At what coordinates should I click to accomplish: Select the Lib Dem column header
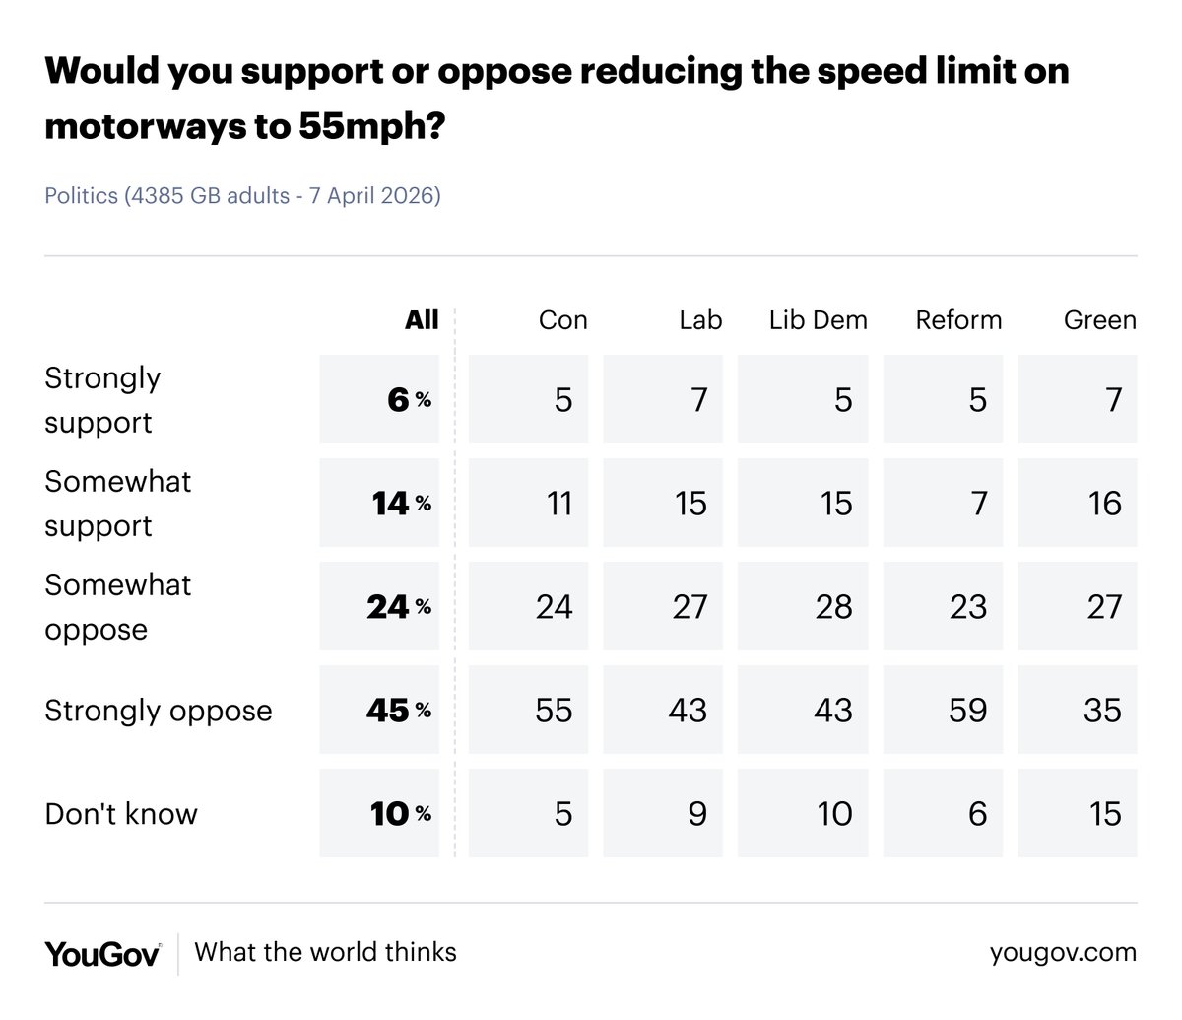[x=818, y=320]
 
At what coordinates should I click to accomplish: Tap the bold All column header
[x=422, y=320]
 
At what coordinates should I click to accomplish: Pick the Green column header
[x=1099, y=320]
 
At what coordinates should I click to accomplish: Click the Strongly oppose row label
[x=159, y=711]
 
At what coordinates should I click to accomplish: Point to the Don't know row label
[x=121, y=814]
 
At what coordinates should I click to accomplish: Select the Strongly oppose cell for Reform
[x=943, y=711]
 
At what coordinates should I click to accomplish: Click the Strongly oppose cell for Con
[x=529, y=711]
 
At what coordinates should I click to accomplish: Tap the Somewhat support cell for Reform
[x=943, y=504]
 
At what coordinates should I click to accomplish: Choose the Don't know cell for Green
[x=1078, y=814]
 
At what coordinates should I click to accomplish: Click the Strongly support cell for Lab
[x=663, y=400]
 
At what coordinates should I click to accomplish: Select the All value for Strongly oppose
[x=379, y=711]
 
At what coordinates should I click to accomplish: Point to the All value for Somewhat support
[x=379, y=504]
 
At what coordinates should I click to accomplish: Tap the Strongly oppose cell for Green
[x=1078, y=711]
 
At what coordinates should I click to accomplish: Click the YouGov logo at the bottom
[x=102, y=953]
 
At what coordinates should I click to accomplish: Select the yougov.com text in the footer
[x=1063, y=953]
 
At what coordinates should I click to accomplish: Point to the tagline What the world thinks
[x=326, y=952]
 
